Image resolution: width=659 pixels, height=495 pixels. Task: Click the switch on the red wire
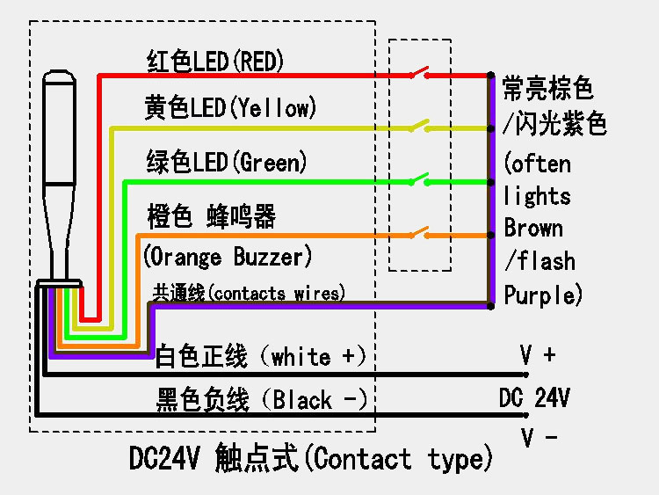[419, 73]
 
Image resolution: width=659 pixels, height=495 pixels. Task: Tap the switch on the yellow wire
[419, 126]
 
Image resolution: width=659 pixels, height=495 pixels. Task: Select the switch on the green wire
[419, 179]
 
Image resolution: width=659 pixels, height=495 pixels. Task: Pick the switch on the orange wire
[419, 233]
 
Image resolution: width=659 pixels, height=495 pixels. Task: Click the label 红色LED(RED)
[215, 61]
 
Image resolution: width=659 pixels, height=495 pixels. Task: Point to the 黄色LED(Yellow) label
[230, 107]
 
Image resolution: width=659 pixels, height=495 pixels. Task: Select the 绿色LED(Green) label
[227, 162]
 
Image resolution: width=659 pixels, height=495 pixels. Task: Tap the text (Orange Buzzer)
[228, 256]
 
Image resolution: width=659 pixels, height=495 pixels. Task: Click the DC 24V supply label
[534, 397]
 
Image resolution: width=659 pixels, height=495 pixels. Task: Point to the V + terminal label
[538, 354]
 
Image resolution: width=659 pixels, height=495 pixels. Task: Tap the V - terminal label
[539, 437]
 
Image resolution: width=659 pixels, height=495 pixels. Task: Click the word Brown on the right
[533, 228]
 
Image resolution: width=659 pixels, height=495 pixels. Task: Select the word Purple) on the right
[543, 295]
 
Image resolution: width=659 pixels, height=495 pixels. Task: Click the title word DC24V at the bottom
[164, 457]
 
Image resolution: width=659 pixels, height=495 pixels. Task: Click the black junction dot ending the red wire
[490, 76]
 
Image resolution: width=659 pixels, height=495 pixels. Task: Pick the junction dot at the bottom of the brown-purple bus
[490, 306]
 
